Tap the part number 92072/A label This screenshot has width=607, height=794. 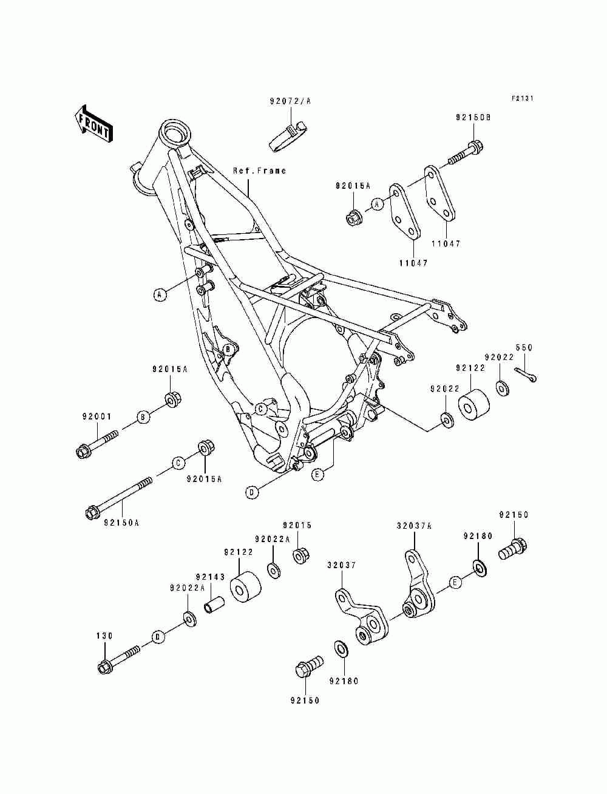290,101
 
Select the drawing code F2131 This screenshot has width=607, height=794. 523,98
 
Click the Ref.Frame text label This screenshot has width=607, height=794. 259,170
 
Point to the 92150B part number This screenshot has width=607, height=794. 473,118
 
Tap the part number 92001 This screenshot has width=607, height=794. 97,416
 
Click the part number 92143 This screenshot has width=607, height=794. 211,577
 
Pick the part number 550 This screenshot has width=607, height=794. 524,348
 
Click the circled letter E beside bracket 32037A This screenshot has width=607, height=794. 455,582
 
